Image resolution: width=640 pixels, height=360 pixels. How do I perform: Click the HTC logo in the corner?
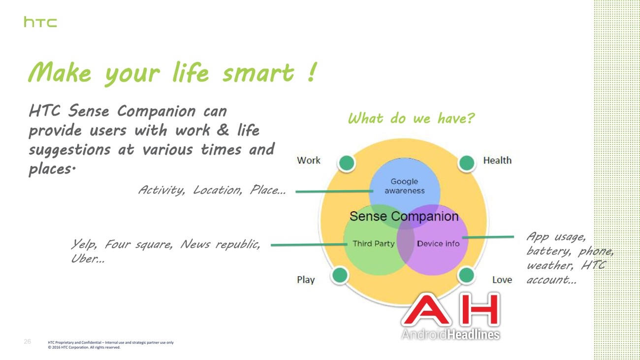tap(40, 22)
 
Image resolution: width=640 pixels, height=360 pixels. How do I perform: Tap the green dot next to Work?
tap(347, 163)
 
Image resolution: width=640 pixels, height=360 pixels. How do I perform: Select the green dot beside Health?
tap(467, 163)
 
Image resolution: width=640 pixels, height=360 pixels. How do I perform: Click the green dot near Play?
tap(340, 275)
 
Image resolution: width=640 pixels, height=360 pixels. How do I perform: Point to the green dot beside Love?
tap(466, 275)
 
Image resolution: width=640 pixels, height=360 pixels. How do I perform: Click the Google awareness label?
tap(405, 186)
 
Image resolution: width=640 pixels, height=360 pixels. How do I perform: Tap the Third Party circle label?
tap(374, 244)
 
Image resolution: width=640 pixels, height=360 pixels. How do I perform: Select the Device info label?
tap(438, 244)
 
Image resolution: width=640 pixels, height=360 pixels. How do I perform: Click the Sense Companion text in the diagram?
tap(404, 216)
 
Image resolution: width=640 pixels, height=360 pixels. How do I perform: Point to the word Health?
tap(497, 160)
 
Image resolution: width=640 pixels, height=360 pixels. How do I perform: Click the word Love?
tap(502, 280)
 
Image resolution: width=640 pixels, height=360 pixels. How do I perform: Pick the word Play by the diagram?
tap(306, 280)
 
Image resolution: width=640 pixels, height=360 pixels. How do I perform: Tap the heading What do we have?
tap(411, 118)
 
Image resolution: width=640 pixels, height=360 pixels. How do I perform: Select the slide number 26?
tap(28, 341)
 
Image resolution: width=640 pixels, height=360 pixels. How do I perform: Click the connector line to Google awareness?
tap(334, 191)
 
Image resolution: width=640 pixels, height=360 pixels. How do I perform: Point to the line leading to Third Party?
tap(309, 245)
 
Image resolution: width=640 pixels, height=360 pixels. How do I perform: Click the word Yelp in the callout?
tap(84, 245)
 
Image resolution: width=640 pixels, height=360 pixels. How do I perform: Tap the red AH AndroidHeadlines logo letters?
tap(451, 310)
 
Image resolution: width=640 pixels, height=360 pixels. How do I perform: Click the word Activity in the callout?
tap(161, 190)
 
